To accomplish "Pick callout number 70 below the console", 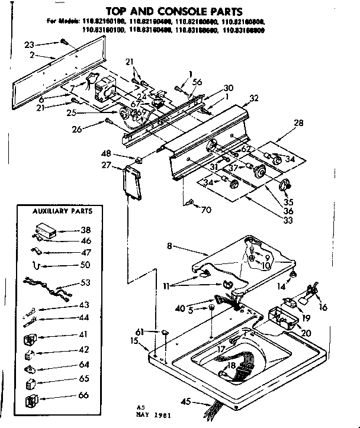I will [206, 209].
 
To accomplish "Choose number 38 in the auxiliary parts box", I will [85, 230].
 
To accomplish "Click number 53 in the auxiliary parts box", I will [85, 283].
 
